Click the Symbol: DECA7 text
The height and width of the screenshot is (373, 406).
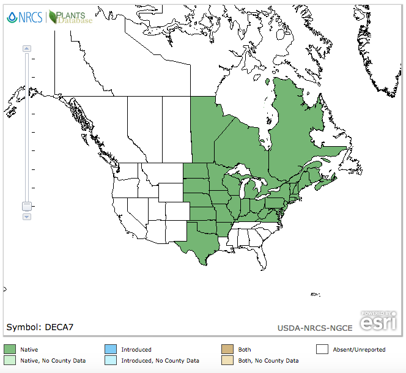40,327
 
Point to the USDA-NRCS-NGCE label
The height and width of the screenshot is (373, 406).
314,328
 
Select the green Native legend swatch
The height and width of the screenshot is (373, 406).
10,349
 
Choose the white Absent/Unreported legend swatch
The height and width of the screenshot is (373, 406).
322,349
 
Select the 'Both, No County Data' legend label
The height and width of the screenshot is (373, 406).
268,361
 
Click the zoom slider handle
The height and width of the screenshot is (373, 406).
26,207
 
